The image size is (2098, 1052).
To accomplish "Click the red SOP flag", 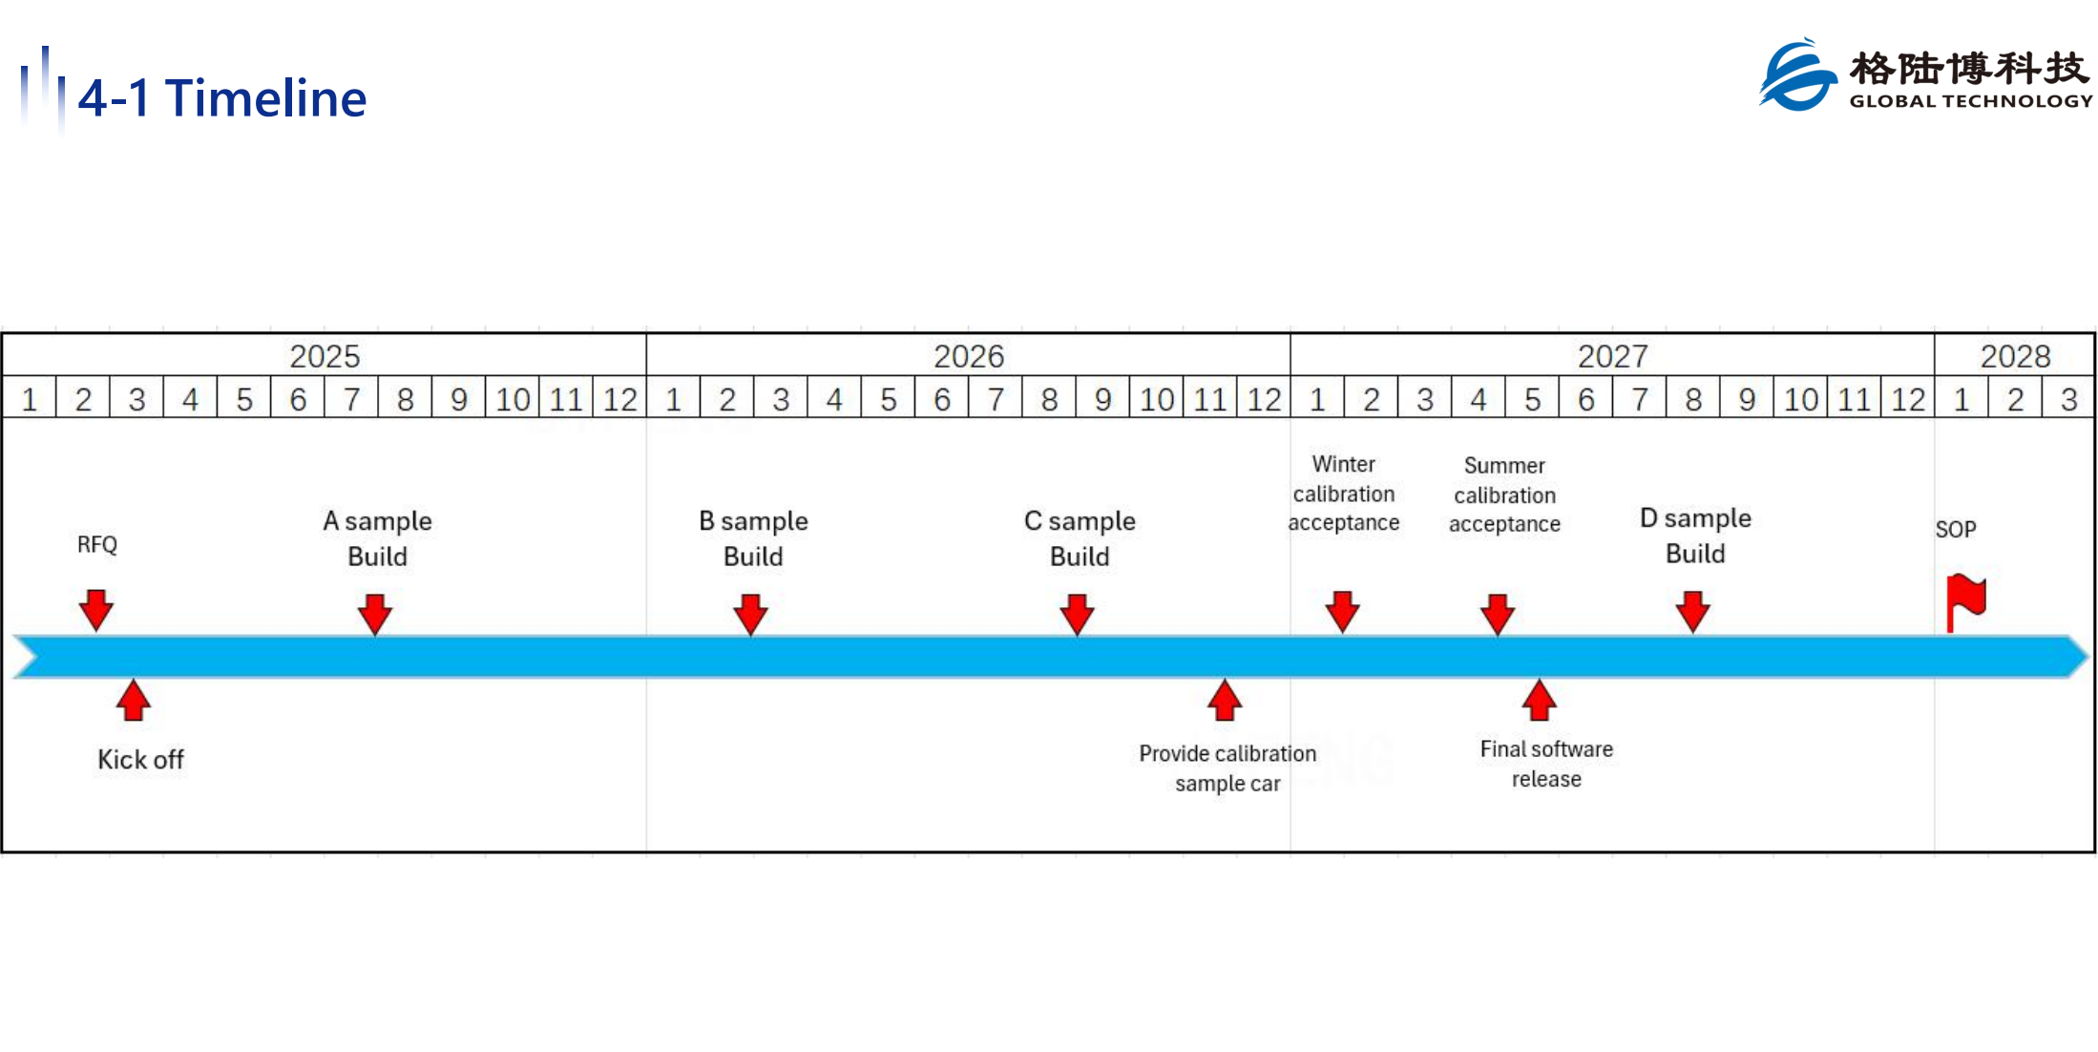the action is point(1964,602).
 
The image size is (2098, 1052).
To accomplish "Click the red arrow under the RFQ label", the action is point(96,610).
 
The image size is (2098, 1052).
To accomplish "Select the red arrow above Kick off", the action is point(134,700).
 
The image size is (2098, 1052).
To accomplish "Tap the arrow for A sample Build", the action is point(375,614).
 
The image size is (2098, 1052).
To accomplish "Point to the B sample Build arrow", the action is point(751,614).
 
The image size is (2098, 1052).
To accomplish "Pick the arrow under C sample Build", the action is point(1078,614).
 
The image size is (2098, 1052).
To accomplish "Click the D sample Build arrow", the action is point(1693,611).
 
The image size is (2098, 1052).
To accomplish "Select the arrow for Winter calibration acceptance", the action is point(1343,611).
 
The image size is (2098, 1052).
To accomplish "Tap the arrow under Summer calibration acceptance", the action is point(1498,614).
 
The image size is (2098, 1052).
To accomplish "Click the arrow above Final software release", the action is point(1540,700).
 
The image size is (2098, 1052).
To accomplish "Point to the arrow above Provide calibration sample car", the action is point(1225,700).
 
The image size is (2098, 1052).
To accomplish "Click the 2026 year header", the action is point(969,356).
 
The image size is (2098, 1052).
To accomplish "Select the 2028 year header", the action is point(2015,356).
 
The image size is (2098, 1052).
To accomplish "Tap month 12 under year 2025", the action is point(619,399).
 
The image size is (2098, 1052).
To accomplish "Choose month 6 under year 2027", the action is point(1585,399).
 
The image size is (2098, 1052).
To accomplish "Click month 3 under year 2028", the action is point(2068,399).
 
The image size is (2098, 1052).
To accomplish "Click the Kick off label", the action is point(140,760).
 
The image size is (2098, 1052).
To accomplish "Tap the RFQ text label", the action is point(97,544).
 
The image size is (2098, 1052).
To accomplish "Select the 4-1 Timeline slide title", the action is point(222,98).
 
